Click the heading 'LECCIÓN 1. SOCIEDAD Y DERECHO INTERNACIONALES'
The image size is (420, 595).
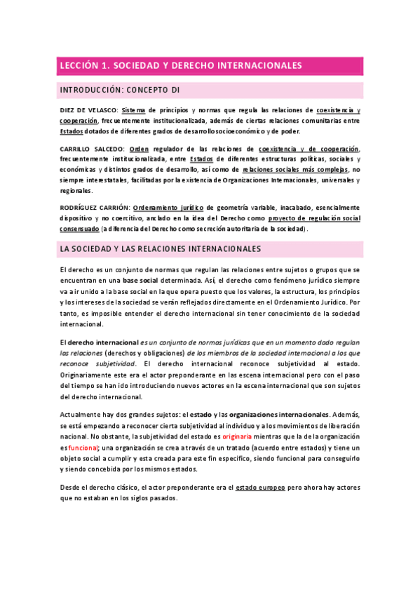[x=180, y=65]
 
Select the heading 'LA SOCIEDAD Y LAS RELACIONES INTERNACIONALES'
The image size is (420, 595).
[x=161, y=249]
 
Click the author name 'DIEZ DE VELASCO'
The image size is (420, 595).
[x=88, y=111]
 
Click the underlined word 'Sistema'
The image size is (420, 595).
[x=133, y=111]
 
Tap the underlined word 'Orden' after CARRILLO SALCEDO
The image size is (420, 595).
[x=140, y=149]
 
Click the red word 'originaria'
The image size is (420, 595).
[x=241, y=436]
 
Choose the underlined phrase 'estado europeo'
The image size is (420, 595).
[x=260, y=487]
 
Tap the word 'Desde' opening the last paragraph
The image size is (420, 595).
[x=71, y=487]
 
